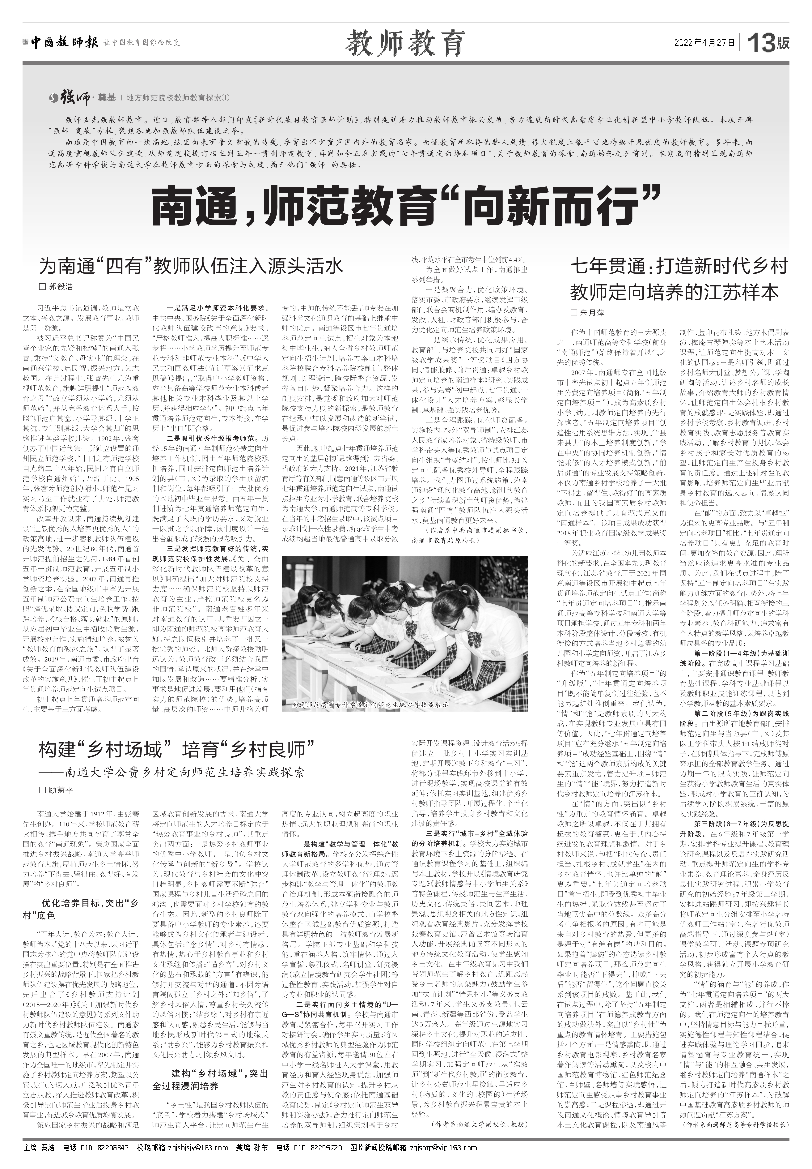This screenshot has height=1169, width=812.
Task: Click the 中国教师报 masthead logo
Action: [x=64, y=43]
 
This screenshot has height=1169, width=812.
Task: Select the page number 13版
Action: [x=768, y=43]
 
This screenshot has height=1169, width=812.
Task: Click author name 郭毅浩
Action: [x=60, y=287]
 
